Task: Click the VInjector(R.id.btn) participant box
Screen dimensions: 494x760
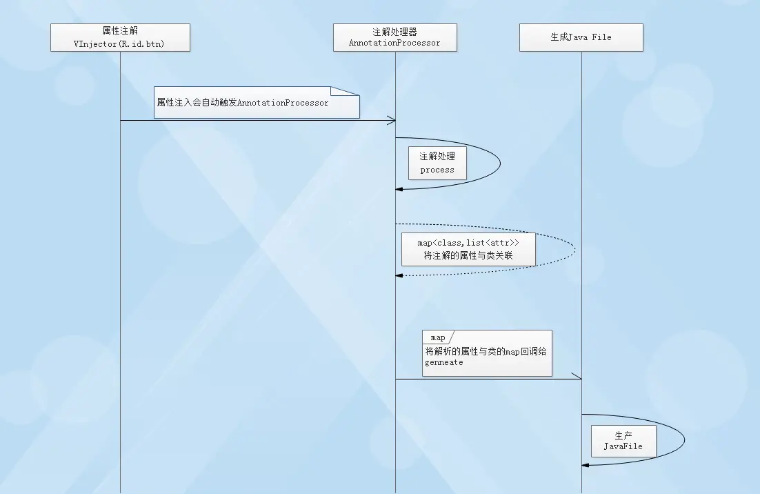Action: click(121, 37)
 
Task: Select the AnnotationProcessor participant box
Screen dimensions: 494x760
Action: click(394, 37)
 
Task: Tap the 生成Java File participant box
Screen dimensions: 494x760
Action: click(581, 37)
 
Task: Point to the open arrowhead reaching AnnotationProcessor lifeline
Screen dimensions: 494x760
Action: click(391, 121)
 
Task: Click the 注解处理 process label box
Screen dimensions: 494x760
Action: click(437, 163)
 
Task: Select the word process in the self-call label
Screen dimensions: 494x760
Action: click(437, 170)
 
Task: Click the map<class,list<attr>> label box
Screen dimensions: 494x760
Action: click(468, 249)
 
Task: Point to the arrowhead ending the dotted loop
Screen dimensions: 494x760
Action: click(399, 275)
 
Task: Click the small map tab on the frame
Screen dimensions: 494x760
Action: click(438, 337)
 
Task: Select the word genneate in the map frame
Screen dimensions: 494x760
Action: click(444, 362)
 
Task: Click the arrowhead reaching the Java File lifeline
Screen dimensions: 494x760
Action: click(577, 378)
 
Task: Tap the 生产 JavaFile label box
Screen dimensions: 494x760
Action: click(623, 440)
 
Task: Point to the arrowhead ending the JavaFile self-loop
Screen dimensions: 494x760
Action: click(585, 464)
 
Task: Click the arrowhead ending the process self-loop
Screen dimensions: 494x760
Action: click(399, 189)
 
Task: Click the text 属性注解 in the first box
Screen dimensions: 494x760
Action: click(121, 32)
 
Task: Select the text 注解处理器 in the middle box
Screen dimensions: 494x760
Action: click(394, 32)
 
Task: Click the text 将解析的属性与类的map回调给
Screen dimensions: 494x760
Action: click(486, 351)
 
